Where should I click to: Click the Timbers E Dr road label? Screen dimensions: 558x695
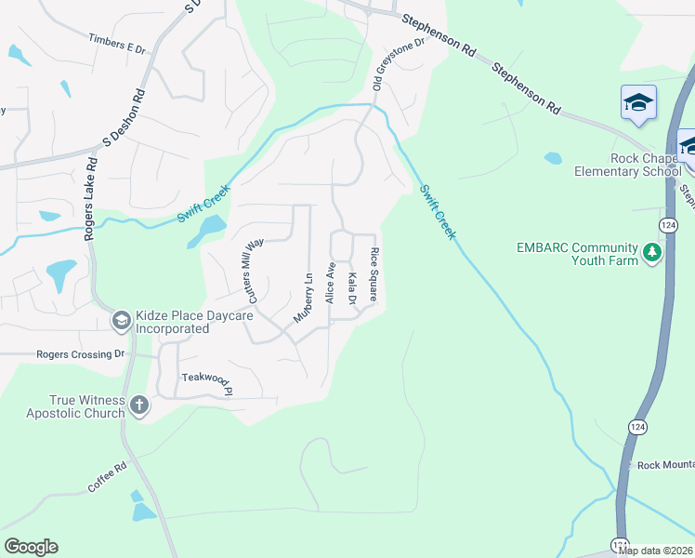click(117, 43)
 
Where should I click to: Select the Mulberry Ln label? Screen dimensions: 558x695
click(303, 297)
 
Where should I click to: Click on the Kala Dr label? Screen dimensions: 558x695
click(352, 287)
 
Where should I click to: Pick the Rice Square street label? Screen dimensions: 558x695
click(374, 275)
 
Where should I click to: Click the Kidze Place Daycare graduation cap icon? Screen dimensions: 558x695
click(120, 322)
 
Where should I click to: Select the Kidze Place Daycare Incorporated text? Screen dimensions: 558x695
click(171, 323)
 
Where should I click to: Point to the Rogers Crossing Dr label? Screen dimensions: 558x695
click(80, 354)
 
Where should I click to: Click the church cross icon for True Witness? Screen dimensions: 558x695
click(138, 405)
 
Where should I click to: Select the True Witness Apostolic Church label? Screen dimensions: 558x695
click(74, 405)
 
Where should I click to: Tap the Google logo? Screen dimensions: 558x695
click(31, 547)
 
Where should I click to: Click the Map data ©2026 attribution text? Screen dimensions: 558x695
click(655, 551)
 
